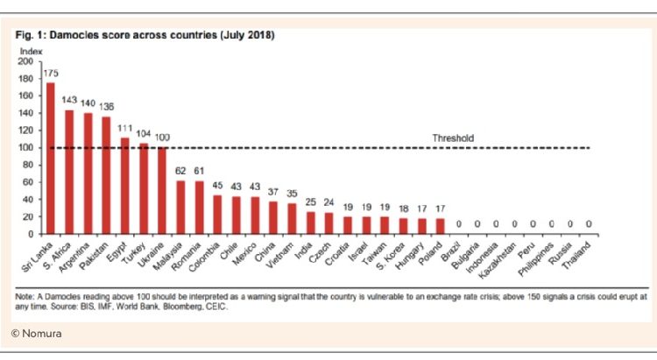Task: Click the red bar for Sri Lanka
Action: coord(51,158)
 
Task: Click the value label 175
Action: coord(51,74)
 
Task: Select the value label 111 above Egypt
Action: coord(125,128)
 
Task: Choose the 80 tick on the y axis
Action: coord(28,165)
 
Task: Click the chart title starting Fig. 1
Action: coord(145,36)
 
